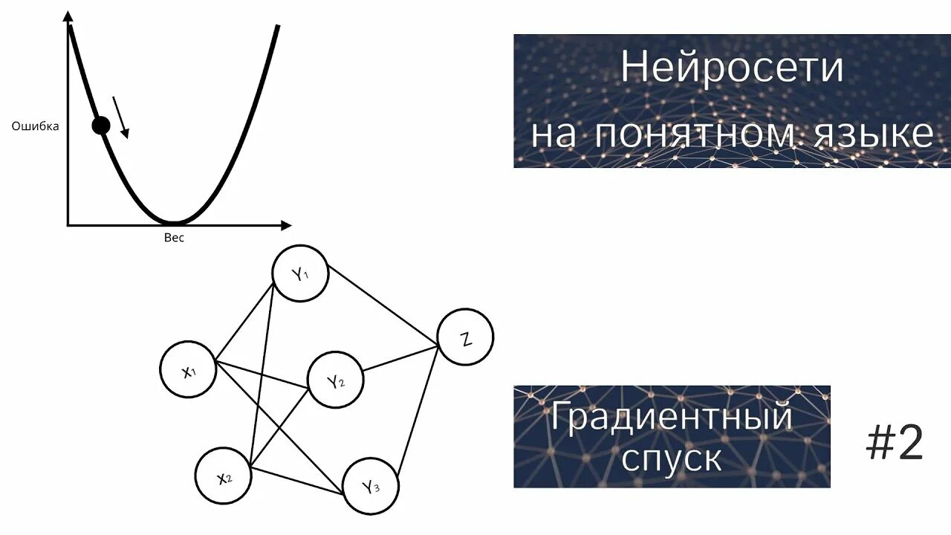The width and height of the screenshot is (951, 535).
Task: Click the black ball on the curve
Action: [101, 126]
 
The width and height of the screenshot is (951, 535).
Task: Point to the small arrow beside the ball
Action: [121, 117]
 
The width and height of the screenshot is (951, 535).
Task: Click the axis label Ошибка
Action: [35, 126]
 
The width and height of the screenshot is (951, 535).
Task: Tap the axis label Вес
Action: [173, 238]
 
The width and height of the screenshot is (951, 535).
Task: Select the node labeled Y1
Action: [300, 274]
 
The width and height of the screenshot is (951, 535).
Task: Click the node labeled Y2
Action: [336, 380]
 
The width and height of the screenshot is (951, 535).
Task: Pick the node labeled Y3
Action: [371, 487]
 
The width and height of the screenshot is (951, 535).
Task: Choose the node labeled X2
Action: [224, 477]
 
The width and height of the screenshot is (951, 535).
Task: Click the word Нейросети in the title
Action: [732, 68]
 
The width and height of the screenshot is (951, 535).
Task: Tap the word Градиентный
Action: [671, 416]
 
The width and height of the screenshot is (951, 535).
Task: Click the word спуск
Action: [671, 458]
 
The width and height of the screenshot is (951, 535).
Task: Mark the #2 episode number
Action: [895, 444]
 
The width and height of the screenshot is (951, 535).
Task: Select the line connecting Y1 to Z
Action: [383, 308]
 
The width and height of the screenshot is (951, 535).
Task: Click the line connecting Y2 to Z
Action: [400, 359]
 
